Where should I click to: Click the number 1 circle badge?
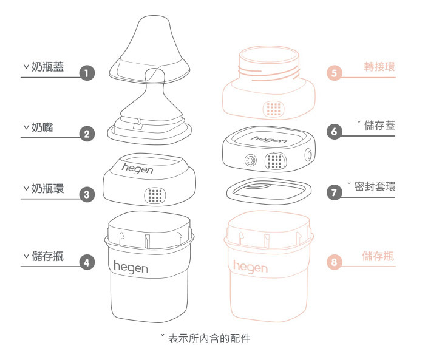coord(87,73)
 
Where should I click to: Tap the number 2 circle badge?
coord(87,134)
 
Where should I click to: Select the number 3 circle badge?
coord(87,194)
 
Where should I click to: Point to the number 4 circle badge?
coord(87,262)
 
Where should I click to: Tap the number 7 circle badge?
coord(334,193)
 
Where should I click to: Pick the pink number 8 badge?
coord(334,262)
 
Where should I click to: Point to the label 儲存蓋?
coord(379,126)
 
